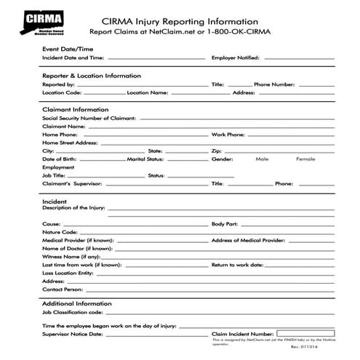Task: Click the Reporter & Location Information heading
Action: pos(91,76)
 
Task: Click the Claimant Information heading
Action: pos(76,110)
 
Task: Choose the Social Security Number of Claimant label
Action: pos(83,118)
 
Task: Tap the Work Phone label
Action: pos(228,135)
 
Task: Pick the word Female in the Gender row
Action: pos(305,159)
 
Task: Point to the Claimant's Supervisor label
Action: pos(73,184)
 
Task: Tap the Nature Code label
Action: pos(60,233)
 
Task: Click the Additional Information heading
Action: pos(76,303)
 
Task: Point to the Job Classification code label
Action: pos(79,312)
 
